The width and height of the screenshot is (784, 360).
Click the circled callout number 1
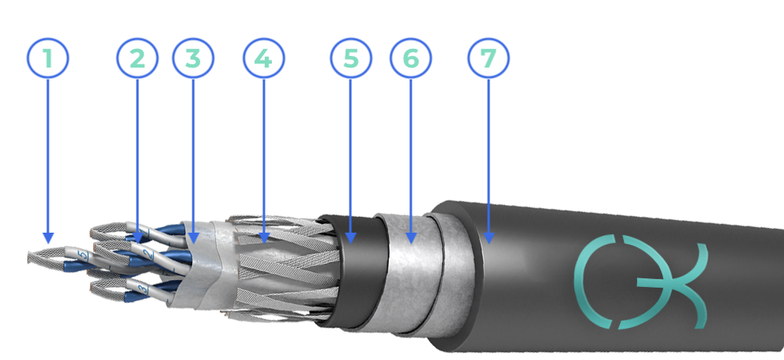pyautogui.click(x=47, y=58)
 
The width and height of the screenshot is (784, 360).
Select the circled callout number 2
pyautogui.click(x=137, y=58)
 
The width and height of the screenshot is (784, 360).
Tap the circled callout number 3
pyautogui.click(x=193, y=58)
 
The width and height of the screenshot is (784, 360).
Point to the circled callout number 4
pyautogui.click(x=263, y=58)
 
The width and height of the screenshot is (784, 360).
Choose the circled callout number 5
pyautogui.click(x=350, y=58)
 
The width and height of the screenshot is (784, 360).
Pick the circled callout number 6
pyautogui.click(x=411, y=58)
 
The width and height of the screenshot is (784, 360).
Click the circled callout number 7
pyautogui.click(x=489, y=58)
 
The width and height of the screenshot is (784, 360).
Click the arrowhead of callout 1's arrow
pyautogui.click(x=48, y=238)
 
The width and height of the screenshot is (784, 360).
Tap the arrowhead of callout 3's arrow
pyautogui.click(x=193, y=238)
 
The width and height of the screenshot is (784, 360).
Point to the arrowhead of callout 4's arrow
pyautogui.click(x=264, y=238)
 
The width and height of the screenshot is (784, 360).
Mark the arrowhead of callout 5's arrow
pyautogui.click(x=350, y=238)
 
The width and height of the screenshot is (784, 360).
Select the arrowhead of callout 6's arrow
pyautogui.click(x=411, y=238)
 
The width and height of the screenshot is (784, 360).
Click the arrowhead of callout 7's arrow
pyautogui.click(x=489, y=238)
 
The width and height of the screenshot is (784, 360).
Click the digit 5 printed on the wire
pyautogui.click(x=84, y=256)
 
